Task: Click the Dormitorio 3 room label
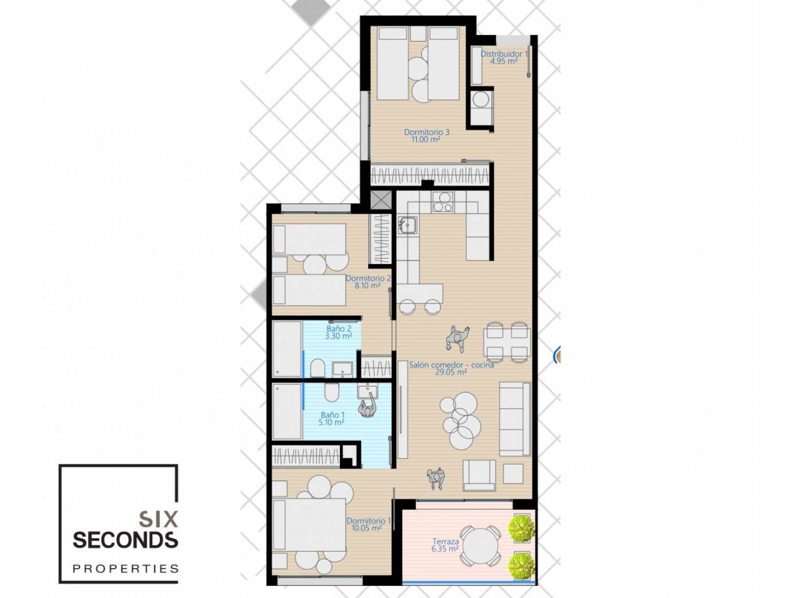click(427, 132)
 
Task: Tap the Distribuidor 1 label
click(504, 54)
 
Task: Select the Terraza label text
click(446, 542)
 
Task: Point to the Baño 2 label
click(338, 328)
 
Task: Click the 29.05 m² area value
click(451, 372)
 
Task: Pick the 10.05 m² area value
click(366, 528)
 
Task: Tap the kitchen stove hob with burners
click(443, 202)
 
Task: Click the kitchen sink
click(407, 225)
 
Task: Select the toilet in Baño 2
click(317, 369)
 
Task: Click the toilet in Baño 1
click(331, 392)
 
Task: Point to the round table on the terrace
click(480, 546)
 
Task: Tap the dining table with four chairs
click(506, 342)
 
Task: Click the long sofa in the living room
click(515, 419)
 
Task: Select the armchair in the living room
click(479, 476)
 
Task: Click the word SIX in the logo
click(159, 519)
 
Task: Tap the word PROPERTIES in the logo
click(126, 569)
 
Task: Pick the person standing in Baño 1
click(368, 406)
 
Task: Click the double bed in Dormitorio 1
click(309, 525)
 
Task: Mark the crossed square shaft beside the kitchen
click(381, 200)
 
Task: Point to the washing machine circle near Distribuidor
click(481, 100)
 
